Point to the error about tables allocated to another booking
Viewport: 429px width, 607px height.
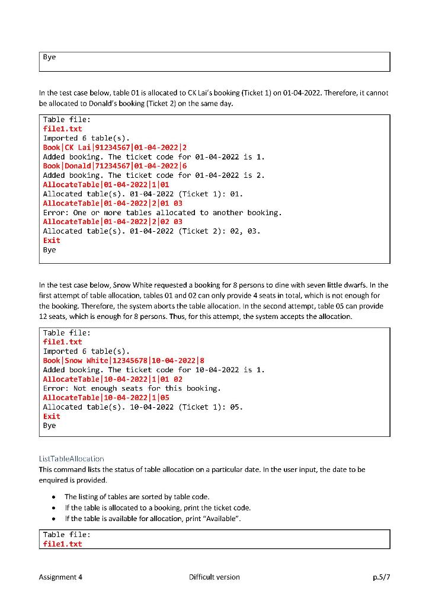tap(162, 212)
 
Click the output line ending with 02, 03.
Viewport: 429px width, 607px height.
tap(152, 231)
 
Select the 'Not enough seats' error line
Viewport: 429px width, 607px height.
tap(132, 388)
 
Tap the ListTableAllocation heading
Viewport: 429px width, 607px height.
tap(71, 459)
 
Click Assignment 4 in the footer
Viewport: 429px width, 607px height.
tap(60, 577)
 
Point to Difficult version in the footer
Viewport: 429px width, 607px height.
tap(214, 577)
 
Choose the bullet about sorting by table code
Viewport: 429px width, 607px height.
tap(137, 496)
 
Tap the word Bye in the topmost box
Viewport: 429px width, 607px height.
tap(49, 57)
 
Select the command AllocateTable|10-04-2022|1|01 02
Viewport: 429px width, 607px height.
tap(113, 379)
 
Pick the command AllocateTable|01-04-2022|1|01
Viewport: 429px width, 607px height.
tap(106, 184)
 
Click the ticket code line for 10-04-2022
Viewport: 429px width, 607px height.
tap(153, 370)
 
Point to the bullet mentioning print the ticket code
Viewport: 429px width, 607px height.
tap(157, 507)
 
